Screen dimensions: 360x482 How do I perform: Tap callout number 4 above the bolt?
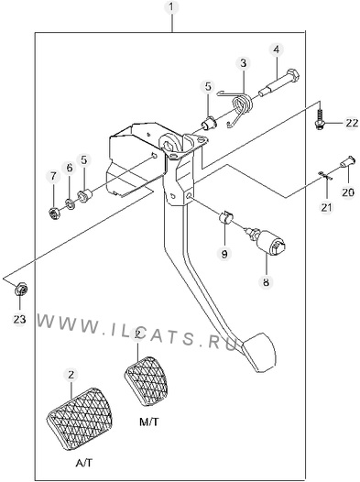pos(276,49)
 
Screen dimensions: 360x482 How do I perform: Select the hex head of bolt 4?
pos(293,75)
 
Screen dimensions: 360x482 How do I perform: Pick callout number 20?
pos(348,192)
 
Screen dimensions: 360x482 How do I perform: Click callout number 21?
pos(326,207)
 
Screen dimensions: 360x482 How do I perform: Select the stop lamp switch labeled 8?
pos(268,242)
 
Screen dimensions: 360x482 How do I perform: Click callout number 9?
pos(224,254)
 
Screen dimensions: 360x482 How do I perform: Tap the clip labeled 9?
pos(225,217)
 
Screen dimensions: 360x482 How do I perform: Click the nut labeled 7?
pos(54,213)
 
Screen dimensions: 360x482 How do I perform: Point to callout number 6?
pos(70,168)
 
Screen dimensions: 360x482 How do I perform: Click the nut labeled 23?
pos(21,289)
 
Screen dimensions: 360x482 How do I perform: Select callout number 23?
pos(19,319)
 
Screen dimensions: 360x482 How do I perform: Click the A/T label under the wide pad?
pos(84,463)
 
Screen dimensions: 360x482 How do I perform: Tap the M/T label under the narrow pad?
pos(149,422)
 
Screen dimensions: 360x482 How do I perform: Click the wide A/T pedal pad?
pos(80,419)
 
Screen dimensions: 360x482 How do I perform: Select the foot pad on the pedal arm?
pos(258,351)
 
